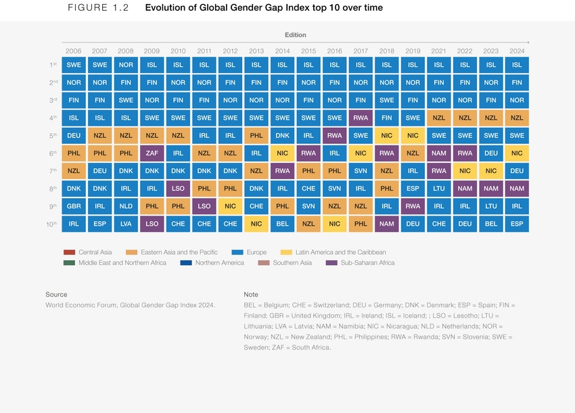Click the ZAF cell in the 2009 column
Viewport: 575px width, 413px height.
click(x=152, y=153)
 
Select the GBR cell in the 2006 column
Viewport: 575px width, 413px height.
click(x=74, y=206)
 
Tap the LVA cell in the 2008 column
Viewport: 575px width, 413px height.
click(x=126, y=224)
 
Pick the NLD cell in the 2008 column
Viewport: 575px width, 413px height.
click(x=126, y=206)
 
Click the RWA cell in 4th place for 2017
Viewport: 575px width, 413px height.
click(x=361, y=118)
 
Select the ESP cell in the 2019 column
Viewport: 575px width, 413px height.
click(x=413, y=189)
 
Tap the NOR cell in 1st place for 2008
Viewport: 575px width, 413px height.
click(x=126, y=65)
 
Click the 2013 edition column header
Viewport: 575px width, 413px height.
click(x=256, y=51)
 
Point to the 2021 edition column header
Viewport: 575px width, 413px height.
click(x=439, y=51)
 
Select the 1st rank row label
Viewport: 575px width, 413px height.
click(x=52, y=65)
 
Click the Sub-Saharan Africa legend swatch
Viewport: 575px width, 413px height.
click(x=331, y=263)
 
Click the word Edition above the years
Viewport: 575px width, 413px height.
click(x=295, y=35)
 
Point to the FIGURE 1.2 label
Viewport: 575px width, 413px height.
click(x=98, y=8)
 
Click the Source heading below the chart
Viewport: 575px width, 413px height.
click(x=56, y=295)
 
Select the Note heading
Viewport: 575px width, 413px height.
click(x=251, y=295)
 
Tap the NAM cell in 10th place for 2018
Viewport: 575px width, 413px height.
click(x=386, y=224)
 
